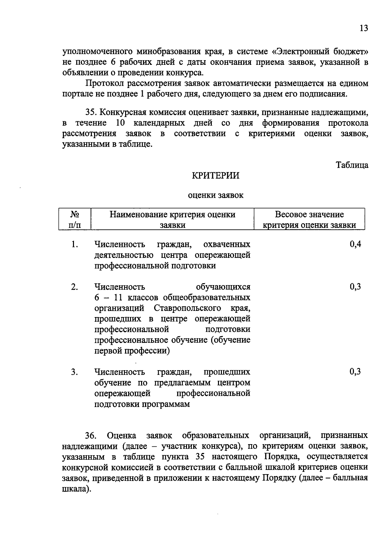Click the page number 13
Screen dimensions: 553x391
pyautogui.click(x=364, y=28)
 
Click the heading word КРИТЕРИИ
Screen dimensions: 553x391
pyautogui.click(x=215, y=176)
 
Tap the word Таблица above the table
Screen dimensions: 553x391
pyautogui.click(x=352, y=165)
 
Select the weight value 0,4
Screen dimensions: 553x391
pyautogui.click(x=355, y=244)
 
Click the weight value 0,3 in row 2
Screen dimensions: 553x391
pyautogui.click(x=355, y=287)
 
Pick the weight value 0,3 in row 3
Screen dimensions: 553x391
pyautogui.click(x=355, y=372)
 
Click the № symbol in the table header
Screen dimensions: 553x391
pyautogui.click(x=75, y=214)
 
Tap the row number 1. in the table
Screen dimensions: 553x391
pyautogui.click(x=75, y=244)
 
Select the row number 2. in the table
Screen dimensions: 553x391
pyautogui.click(x=75, y=287)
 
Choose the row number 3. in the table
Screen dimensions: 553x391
pyautogui.click(x=75, y=372)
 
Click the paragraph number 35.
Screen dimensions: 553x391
pyautogui.click(x=91, y=113)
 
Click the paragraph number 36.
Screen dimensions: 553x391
pyautogui.click(x=91, y=436)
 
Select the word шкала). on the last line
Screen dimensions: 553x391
pyautogui.click(x=76, y=489)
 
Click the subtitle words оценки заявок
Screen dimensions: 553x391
pyautogui.click(x=216, y=195)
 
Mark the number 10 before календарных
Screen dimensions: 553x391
pyautogui.click(x=121, y=124)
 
